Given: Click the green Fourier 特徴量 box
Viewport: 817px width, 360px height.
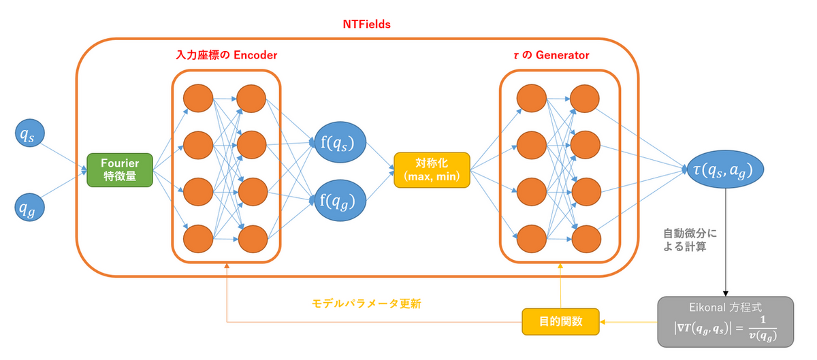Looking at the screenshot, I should (120, 171).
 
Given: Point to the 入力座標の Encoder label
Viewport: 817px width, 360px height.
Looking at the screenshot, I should (226, 54).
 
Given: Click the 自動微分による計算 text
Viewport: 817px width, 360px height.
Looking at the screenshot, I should (690, 240).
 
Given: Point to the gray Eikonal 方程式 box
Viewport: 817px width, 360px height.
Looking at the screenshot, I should (725, 321).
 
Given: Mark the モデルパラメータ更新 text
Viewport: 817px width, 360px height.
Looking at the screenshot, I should (364, 304).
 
